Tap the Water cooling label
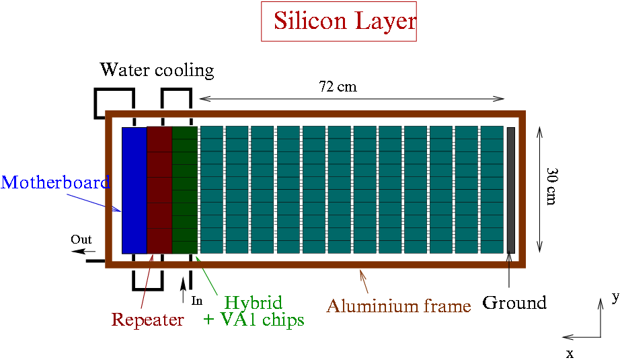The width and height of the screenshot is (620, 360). [x=157, y=70]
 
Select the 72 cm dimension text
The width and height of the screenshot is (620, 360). [x=338, y=87]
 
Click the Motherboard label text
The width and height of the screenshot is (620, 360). [x=55, y=182]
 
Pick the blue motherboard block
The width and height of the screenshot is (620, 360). [x=134, y=190]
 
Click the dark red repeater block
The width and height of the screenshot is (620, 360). [x=159, y=190]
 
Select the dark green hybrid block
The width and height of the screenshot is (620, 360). [x=184, y=190]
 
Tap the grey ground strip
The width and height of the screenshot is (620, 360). [x=510, y=190]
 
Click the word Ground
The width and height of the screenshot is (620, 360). [x=514, y=303]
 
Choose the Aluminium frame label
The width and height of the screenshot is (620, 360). [x=399, y=307]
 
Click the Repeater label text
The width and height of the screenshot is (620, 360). [x=147, y=320]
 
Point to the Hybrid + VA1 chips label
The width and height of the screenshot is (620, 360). [x=254, y=311]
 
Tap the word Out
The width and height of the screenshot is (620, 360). [x=81, y=240]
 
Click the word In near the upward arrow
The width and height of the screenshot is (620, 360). [x=197, y=301]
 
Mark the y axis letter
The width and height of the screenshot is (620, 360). [x=615, y=296]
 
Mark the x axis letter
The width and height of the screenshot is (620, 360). [x=570, y=353]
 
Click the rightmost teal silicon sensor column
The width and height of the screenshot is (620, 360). [x=492, y=190]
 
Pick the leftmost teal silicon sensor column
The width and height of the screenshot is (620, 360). [x=211, y=190]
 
